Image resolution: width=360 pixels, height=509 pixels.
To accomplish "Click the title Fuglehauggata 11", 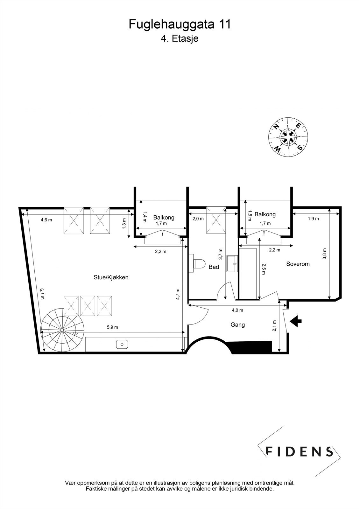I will [x=180, y=24].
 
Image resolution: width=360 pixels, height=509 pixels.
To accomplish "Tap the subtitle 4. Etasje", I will [x=180, y=39].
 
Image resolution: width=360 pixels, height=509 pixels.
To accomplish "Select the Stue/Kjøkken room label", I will [x=111, y=277].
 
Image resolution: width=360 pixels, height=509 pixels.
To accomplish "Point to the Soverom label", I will [x=298, y=264].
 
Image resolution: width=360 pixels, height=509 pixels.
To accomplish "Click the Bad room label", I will [x=214, y=267].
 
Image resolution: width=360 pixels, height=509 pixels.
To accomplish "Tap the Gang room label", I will [x=237, y=325].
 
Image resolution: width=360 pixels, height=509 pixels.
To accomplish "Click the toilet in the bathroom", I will [x=198, y=264].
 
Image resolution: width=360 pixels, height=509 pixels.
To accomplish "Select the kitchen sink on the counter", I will [x=122, y=344].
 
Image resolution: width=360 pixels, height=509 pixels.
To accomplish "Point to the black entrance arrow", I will [x=296, y=321].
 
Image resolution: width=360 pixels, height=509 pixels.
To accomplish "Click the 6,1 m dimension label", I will [x=42, y=294].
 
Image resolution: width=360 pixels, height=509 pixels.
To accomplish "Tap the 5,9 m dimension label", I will [x=112, y=327].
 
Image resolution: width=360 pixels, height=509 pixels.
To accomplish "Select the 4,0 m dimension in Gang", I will [x=237, y=310].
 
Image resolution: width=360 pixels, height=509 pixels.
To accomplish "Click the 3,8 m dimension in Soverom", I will [x=324, y=254].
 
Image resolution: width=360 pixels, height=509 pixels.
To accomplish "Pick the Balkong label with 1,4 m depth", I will [x=164, y=218].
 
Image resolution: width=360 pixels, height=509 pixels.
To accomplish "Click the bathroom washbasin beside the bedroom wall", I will [x=232, y=263].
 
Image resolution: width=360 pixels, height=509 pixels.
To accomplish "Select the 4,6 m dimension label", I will [x=46, y=220].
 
